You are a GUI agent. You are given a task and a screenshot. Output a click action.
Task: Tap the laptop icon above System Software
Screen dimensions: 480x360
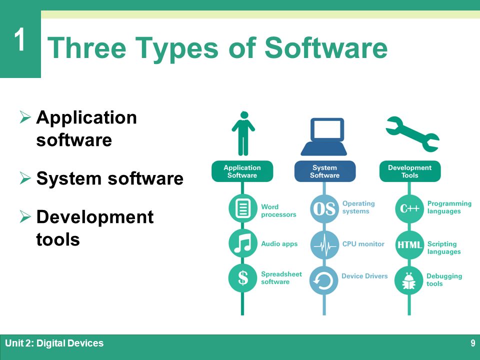click(x=324, y=136)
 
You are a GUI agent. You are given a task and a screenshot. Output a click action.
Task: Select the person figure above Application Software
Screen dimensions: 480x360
click(x=243, y=133)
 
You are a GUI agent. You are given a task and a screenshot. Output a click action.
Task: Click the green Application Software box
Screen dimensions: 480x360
click(x=242, y=171)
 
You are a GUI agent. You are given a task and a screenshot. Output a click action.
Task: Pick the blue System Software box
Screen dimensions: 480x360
click(x=325, y=171)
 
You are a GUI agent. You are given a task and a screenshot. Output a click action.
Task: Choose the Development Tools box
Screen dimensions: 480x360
click(x=410, y=171)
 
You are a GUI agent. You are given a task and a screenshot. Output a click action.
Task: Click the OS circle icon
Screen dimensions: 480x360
click(x=324, y=209)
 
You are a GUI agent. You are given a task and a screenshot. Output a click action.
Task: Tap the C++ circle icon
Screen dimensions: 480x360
click(x=409, y=209)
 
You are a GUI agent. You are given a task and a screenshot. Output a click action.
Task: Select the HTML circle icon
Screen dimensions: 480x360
click(x=409, y=244)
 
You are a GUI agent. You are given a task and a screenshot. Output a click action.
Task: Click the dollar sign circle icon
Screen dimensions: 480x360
click(x=243, y=278)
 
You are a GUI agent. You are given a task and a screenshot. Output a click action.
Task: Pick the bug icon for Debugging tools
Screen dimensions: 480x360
click(x=409, y=280)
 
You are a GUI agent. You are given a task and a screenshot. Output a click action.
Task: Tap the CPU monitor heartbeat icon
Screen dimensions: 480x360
click(x=324, y=245)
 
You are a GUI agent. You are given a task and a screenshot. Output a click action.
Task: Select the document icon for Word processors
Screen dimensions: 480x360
click(x=243, y=208)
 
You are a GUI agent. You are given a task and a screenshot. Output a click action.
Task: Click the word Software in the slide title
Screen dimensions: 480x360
click(x=326, y=47)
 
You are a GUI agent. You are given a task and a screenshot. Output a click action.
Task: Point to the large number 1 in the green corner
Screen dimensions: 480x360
click(x=20, y=39)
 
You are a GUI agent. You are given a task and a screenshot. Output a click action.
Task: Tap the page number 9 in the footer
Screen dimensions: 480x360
click(x=473, y=343)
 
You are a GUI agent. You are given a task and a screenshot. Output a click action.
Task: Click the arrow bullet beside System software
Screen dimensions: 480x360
click(x=25, y=178)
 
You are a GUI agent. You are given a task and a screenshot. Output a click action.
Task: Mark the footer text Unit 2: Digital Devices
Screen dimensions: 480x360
click(x=54, y=343)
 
